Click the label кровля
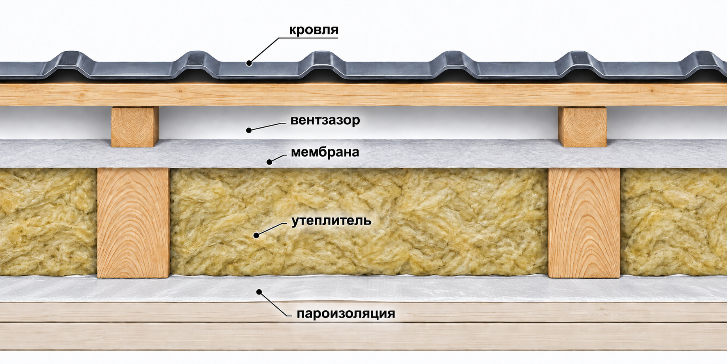click(x=314, y=30)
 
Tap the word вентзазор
click(x=325, y=120)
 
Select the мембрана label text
click(x=325, y=152)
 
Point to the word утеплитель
click(x=331, y=221)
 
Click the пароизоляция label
click(x=345, y=314)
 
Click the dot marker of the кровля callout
click(x=249, y=63)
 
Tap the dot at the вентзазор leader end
click(x=248, y=130)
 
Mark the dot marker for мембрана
click(x=269, y=162)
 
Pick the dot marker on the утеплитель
click(x=256, y=236)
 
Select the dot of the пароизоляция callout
click(x=259, y=292)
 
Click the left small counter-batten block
click(x=135, y=127)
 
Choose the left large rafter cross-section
click(x=133, y=223)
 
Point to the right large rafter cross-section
click(x=584, y=223)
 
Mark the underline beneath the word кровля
click(x=308, y=38)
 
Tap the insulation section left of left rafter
click(x=48, y=222)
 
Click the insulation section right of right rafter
click(x=674, y=222)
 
